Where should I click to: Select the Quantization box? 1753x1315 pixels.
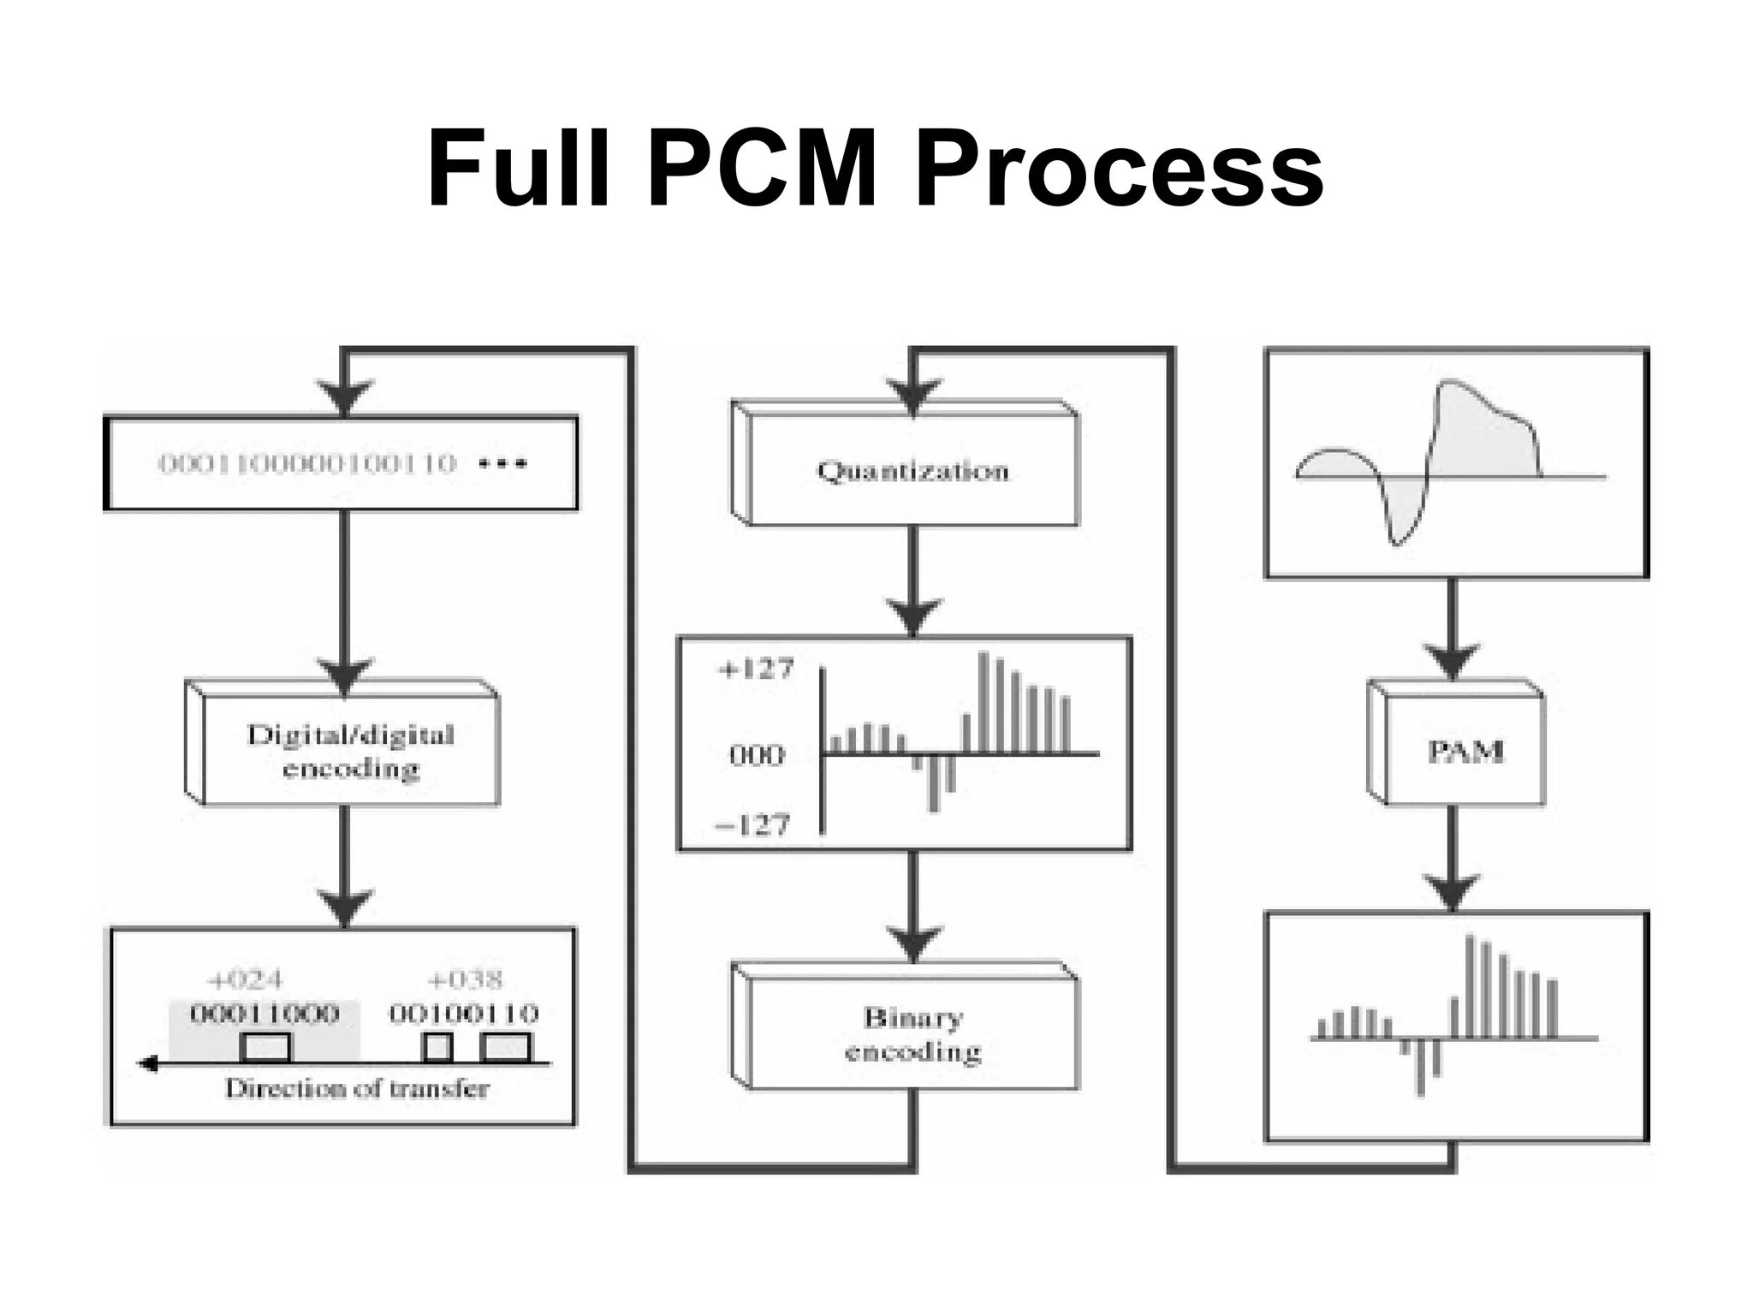point(912,470)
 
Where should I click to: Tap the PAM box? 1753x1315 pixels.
point(1465,751)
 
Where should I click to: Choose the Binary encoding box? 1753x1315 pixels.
point(912,1034)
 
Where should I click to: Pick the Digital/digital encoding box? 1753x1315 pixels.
point(350,751)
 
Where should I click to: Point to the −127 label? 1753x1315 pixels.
point(752,825)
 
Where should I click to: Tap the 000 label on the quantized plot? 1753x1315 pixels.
point(756,755)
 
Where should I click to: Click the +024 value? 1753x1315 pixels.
point(246,979)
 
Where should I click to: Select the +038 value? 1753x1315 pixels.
point(465,979)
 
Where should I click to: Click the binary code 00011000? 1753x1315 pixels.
point(264,1015)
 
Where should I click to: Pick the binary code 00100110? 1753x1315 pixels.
point(464,1015)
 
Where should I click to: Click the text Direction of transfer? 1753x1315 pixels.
point(357,1089)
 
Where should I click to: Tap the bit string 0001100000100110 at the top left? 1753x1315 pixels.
point(308,464)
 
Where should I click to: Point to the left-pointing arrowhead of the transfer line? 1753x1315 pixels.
point(148,1064)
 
